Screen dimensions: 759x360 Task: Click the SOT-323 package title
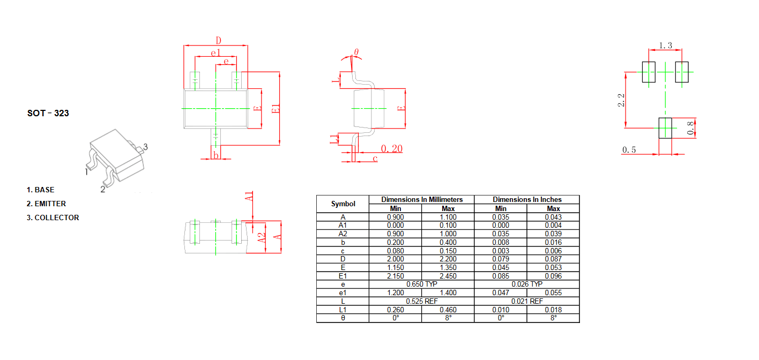tap(48, 113)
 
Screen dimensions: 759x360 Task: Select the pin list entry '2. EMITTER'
tap(46, 204)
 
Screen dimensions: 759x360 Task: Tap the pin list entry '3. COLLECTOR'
tap(53, 217)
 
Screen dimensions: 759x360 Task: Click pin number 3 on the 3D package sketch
tap(145, 147)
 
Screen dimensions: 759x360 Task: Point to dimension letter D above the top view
tap(219, 41)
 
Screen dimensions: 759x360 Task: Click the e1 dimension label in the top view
tap(215, 53)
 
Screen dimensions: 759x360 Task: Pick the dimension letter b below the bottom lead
tap(216, 155)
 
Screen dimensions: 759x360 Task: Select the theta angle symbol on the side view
tap(356, 52)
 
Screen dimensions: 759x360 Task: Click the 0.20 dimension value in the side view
tap(392, 148)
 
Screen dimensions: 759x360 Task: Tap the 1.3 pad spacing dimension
tap(665, 46)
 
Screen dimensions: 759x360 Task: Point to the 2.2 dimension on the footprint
tap(621, 100)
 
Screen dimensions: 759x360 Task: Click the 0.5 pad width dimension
tap(629, 149)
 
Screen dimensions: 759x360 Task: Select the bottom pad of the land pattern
tap(665, 128)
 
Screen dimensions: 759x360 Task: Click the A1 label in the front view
tap(249, 197)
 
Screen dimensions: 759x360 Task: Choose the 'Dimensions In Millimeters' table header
tap(422, 199)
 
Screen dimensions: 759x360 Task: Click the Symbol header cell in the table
tap(343, 204)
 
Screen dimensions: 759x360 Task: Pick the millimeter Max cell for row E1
tap(448, 276)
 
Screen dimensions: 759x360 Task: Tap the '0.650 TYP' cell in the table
tap(422, 284)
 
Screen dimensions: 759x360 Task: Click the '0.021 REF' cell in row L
tap(527, 301)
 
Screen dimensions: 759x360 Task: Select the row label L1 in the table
tap(343, 310)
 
